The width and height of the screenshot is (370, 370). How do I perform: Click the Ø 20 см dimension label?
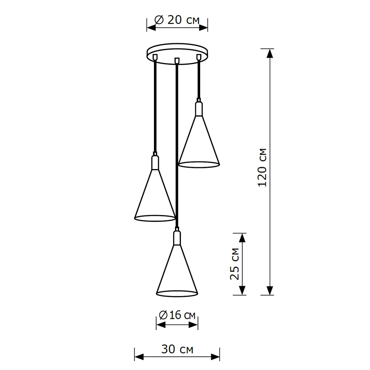177,20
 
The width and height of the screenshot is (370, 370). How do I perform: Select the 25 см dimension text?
235,264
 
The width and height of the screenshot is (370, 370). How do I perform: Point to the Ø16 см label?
177,315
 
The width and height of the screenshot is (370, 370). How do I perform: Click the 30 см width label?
177,349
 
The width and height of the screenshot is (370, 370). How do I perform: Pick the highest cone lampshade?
199,144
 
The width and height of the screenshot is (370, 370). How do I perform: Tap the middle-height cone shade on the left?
155,198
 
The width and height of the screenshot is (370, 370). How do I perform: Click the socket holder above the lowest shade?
177,238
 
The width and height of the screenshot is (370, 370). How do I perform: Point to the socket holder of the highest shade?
199,108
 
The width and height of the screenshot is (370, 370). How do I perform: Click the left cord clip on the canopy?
155,57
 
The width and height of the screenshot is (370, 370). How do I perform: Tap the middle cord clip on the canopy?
177,60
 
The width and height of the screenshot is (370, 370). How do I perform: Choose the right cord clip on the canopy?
199,57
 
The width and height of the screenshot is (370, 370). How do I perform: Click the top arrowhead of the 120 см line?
270,53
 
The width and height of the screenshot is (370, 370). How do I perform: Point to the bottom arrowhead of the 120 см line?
270,291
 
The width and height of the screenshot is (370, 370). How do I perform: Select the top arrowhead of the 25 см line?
242,238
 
